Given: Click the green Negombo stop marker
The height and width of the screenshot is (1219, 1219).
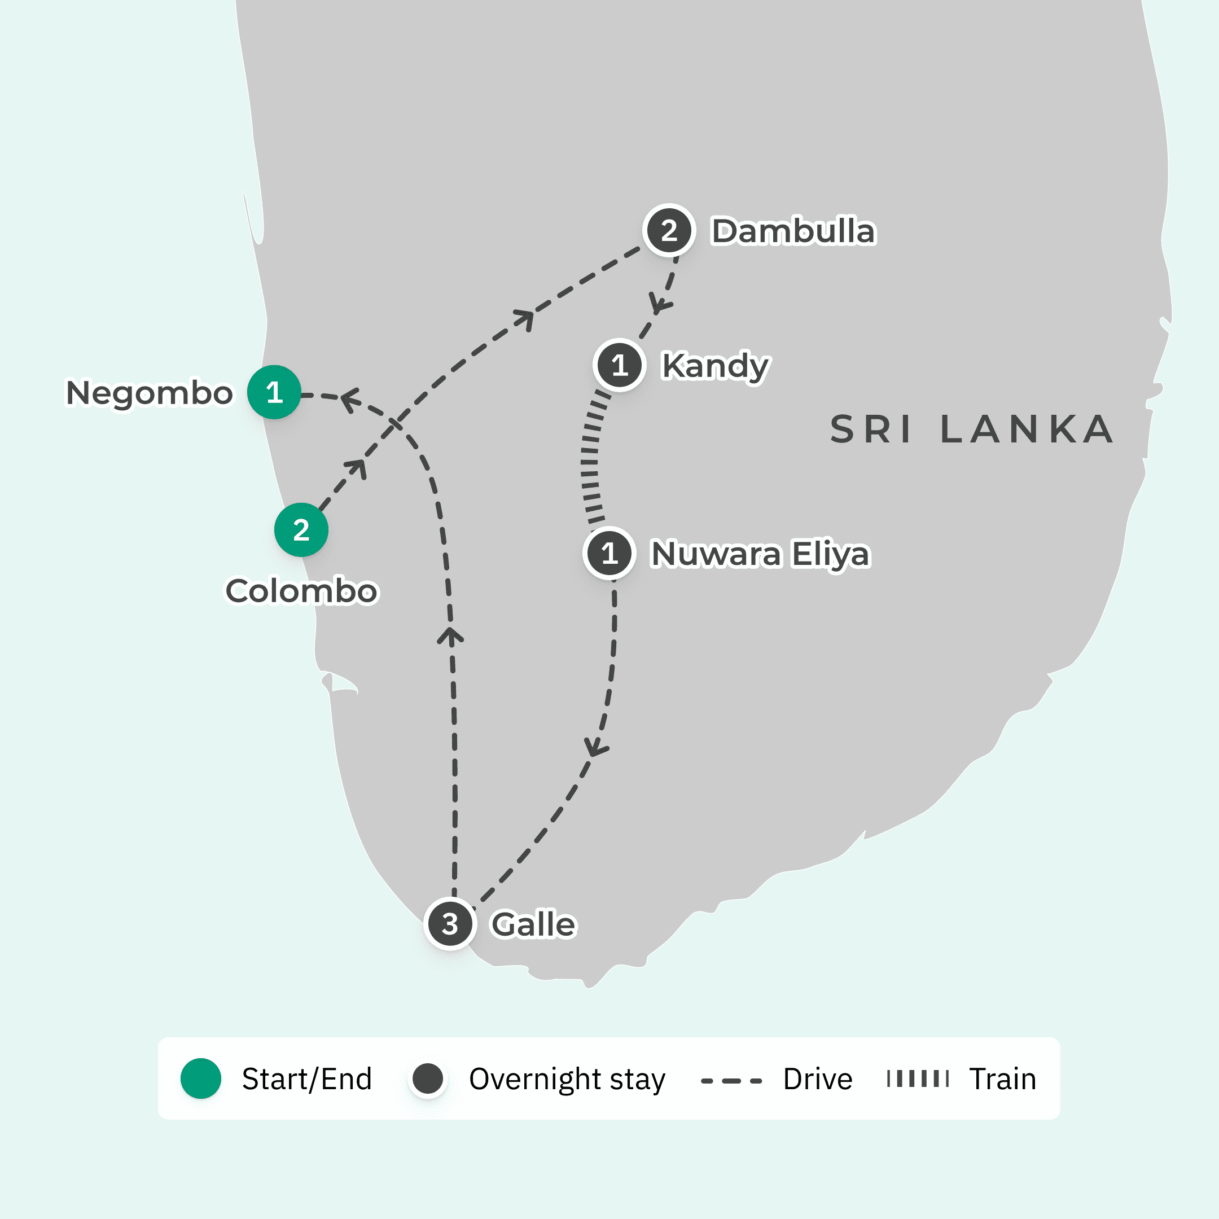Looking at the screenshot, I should (x=274, y=392).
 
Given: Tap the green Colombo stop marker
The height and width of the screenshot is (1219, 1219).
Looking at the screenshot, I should (x=301, y=529).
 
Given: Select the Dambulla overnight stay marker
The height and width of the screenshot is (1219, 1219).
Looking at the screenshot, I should (x=669, y=230).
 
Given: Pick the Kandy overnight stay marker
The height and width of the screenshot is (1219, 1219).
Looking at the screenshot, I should (x=619, y=365).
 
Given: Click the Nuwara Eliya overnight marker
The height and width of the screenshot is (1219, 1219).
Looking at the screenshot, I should (x=609, y=553).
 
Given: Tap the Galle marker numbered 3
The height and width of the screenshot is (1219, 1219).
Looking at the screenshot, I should (x=450, y=924).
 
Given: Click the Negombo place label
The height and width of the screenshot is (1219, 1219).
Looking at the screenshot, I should (x=150, y=393).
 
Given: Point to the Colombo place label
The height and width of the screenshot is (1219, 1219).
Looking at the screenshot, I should (x=301, y=591).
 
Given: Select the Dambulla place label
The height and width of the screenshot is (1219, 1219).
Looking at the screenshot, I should (x=793, y=231).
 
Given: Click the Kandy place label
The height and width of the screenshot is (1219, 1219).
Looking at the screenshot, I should (x=715, y=366).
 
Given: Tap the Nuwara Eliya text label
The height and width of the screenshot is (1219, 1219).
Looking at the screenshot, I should (x=760, y=554).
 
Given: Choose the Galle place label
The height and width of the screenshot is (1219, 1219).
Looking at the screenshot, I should (x=534, y=925).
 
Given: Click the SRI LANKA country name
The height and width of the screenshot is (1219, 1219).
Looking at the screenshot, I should (x=972, y=429).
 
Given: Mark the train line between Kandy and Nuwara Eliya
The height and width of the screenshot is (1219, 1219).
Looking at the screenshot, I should (x=590, y=461).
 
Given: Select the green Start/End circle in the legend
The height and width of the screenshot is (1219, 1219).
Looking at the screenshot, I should (x=201, y=1078).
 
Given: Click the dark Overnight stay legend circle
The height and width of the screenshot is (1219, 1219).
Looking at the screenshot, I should (x=427, y=1078).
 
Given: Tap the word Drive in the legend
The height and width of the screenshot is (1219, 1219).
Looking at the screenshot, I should (x=817, y=1079).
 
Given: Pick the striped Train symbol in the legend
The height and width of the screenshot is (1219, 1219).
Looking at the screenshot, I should (x=918, y=1078).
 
